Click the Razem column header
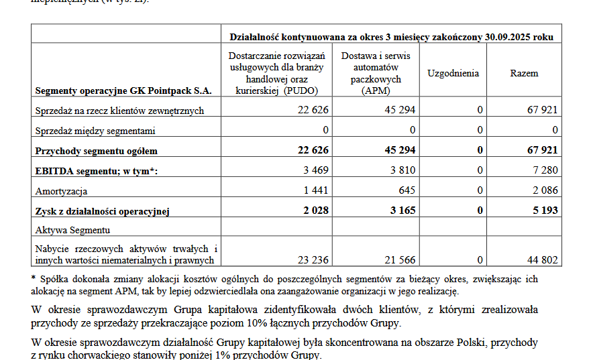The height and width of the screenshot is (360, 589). click(523, 73)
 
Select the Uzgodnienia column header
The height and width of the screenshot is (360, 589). click(453, 73)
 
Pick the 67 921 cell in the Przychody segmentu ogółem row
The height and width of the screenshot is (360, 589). click(543, 150)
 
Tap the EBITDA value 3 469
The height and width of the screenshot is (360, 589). click(316, 171)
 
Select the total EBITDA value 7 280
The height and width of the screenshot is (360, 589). click(545, 171)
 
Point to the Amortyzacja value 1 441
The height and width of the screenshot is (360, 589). click(316, 190)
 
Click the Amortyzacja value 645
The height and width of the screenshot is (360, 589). click(407, 190)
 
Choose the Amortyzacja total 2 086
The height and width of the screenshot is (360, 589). click(545, 190)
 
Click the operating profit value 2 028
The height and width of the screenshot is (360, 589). click(315, 211)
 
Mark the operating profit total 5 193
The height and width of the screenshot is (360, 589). click(545, 211)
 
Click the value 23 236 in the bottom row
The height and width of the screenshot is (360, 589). click(313, 260)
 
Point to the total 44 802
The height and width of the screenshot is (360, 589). click(543, 260)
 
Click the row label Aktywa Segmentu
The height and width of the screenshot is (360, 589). click(72, 230)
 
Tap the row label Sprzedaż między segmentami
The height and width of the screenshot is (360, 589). click(95, 130)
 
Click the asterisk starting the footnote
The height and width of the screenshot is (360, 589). click(34, 278)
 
